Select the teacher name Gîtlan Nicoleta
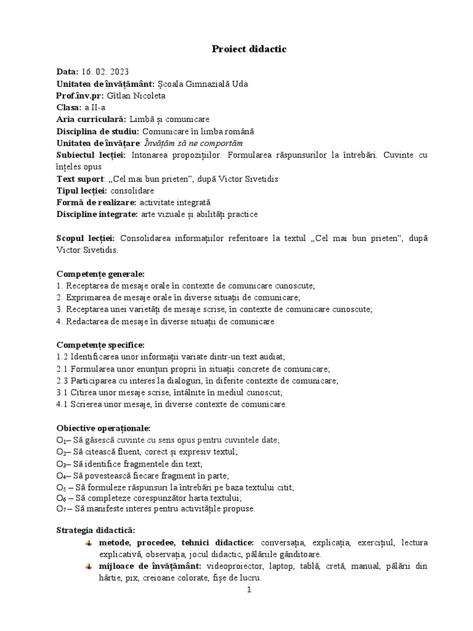click(x=136, y=96)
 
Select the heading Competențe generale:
click(x=100, y=274)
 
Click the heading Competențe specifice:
click(x=100, y=345)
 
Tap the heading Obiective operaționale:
click(x=103, y=428)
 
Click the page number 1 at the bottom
click(x=249, y=590)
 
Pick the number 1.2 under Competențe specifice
click(x=62, y=357)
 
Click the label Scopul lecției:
click(x=86, y=238)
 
